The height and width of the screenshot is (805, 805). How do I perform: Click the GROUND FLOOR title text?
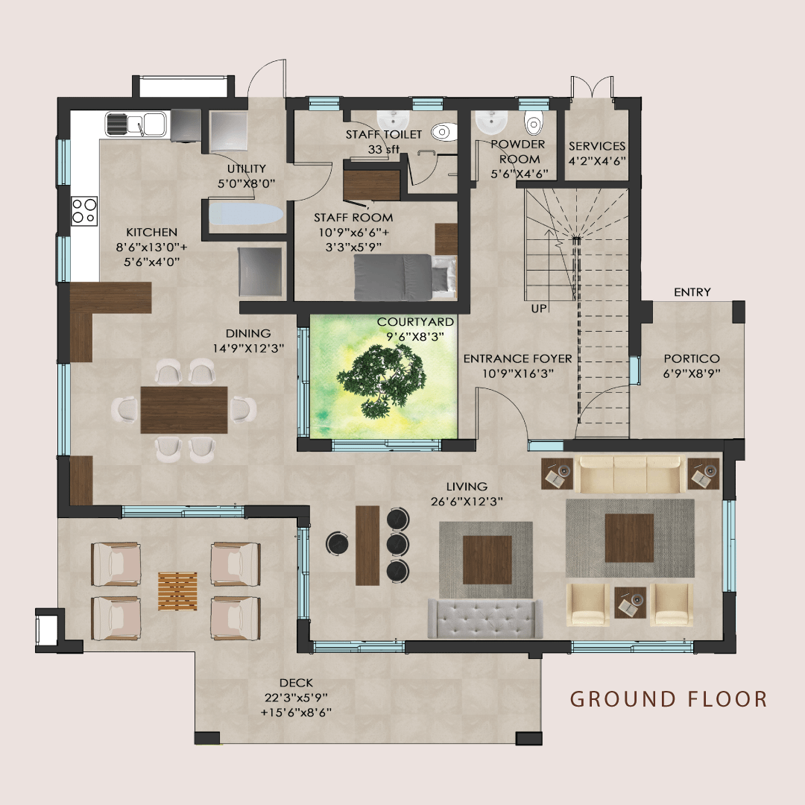tap(669, 699)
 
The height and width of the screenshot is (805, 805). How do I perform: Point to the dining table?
tap(183, 409)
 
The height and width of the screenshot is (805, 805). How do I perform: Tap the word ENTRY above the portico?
tap(692, 292)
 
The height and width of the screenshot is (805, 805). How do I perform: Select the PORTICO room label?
tap(692, 359)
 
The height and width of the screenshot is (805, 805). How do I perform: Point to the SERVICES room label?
tap(597, 146)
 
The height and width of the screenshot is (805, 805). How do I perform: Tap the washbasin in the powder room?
tap(489, 120)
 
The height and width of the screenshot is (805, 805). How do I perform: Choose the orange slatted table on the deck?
tap(177, 591)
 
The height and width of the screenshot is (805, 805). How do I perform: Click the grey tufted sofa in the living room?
tap(485, 618)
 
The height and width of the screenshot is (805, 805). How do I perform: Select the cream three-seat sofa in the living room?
tap(631, 474)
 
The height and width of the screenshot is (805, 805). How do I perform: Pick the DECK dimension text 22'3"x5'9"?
tap(296, 697)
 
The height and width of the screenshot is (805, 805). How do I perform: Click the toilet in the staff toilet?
tap(442, 132)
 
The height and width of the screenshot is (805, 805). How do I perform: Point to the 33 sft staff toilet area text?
tap(384, 149)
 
